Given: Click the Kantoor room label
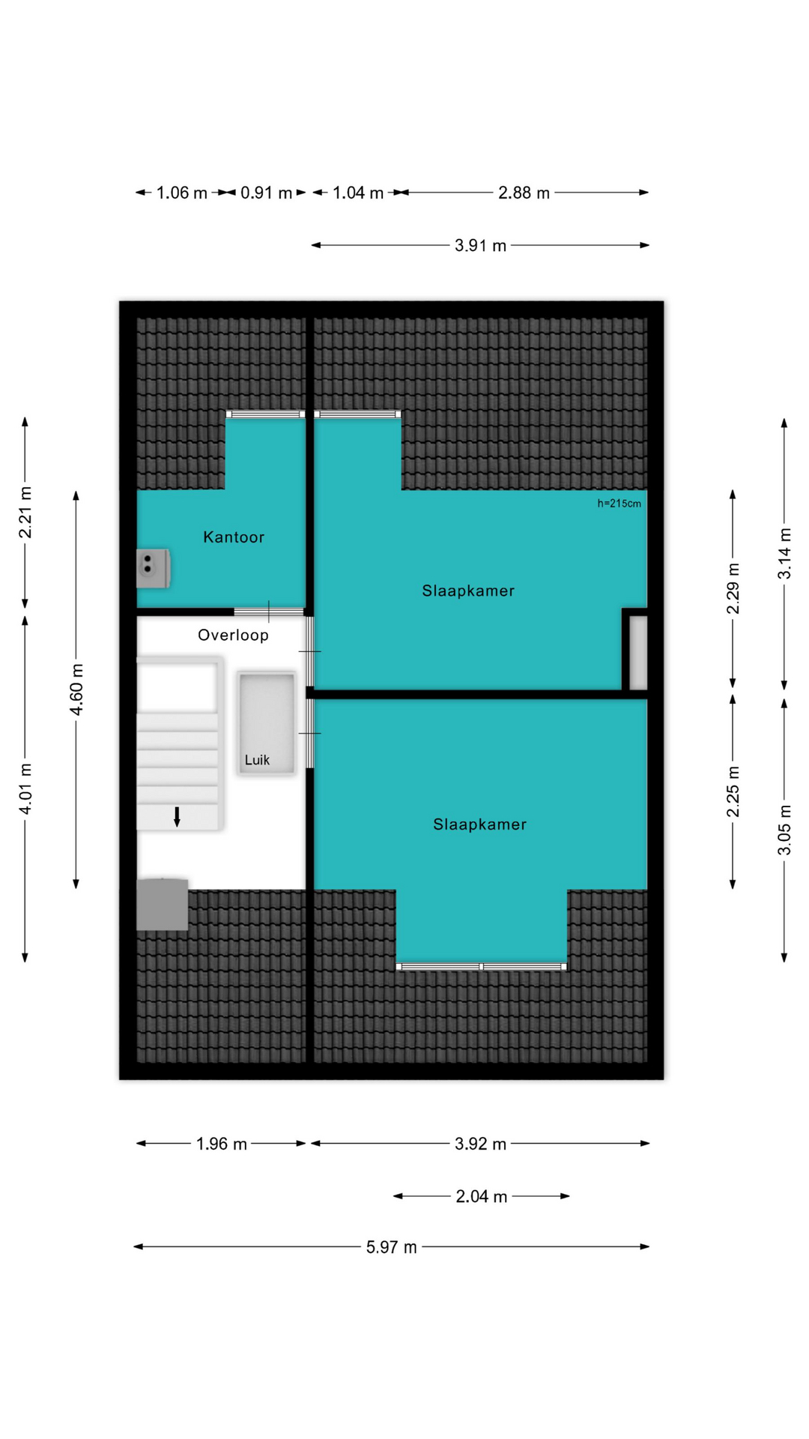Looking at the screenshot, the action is (234, 537).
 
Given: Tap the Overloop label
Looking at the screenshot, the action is (233, 635).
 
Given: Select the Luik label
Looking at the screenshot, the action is (257, 760).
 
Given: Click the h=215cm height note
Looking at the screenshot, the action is (619, 504).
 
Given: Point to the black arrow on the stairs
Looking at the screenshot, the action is (177, 817).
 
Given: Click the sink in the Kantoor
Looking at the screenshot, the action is (153, 567).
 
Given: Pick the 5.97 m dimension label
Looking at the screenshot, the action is (391, 1247).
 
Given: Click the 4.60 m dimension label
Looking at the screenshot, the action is (76, 689).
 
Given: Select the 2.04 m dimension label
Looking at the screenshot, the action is (482, 1196).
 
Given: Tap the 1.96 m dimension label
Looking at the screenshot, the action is (221, 1144).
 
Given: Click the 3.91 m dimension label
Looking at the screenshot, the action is (480, 245).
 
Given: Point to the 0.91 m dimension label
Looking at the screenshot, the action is (266, 193).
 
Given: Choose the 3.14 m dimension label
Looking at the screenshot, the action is (784, 554).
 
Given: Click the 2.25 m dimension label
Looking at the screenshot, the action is (733, 791).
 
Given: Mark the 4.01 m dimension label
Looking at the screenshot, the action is (25, 789).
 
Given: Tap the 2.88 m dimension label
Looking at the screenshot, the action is (524, 193).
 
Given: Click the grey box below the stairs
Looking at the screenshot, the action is (162, 904).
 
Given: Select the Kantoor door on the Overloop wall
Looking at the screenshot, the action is (268, 612).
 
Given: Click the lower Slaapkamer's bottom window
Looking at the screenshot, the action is (482, 967).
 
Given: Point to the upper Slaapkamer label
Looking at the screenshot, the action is (468, 591).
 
